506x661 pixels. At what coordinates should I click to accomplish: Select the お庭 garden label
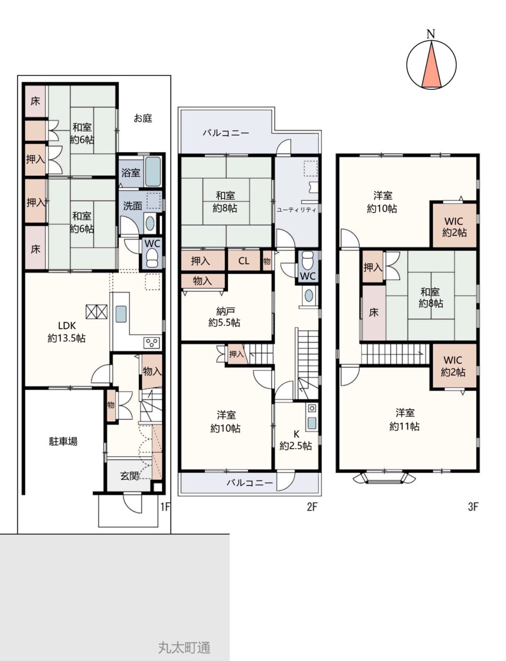(x=143, y=118)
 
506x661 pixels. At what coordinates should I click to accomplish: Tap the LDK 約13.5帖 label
(x=67, y=332)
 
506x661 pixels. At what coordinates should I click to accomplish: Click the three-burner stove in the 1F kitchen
(x=152, y=343)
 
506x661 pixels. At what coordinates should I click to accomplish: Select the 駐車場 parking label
(x=63, y=441)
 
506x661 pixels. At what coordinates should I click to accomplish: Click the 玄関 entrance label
(x=130, y=476)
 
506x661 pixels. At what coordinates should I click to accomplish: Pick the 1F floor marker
(x=165, y=507)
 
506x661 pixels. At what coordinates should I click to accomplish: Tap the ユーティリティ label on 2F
(x=296, y=210)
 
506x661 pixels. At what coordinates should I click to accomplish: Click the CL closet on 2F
(x=244, y=261)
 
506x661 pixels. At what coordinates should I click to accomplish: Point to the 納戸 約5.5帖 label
(x=224, y=316)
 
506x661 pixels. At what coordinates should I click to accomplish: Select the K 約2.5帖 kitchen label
(x=296, y=440)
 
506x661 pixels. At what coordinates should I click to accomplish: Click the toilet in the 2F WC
(x=308, y=260)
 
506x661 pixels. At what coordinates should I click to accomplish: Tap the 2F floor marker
(x=312, y=507)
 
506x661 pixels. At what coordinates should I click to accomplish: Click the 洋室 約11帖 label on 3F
(x=404, y=419)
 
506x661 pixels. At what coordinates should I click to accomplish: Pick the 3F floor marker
(x=473, y=507)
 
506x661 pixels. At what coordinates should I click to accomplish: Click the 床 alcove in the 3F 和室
(x=374, y=313)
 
